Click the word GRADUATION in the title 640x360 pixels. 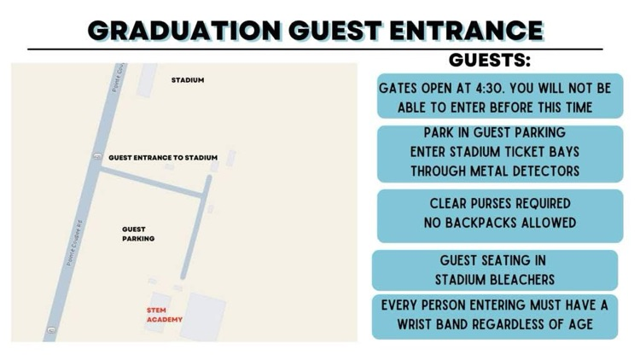point(184,30)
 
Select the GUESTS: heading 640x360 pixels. point(490,61)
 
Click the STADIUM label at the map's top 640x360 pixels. point(188,80)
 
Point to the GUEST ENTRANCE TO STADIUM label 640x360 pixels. point(163,158)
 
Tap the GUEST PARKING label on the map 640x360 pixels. point(138,234)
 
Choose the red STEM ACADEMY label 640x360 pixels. point(165,315)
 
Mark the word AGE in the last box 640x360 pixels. point(579,324)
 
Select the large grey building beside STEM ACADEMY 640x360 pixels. point(203,316)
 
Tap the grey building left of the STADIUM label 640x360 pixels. point(146,79)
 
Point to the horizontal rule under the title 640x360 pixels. point(315,49)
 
